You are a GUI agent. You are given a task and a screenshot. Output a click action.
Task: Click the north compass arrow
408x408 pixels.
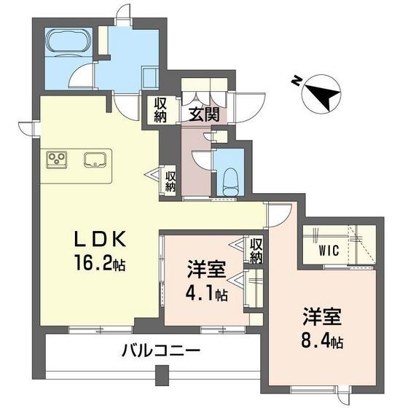320,93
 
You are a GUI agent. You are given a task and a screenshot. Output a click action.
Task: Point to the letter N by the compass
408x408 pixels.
293,79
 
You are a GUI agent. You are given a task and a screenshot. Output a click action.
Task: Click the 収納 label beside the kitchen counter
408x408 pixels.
170,179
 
